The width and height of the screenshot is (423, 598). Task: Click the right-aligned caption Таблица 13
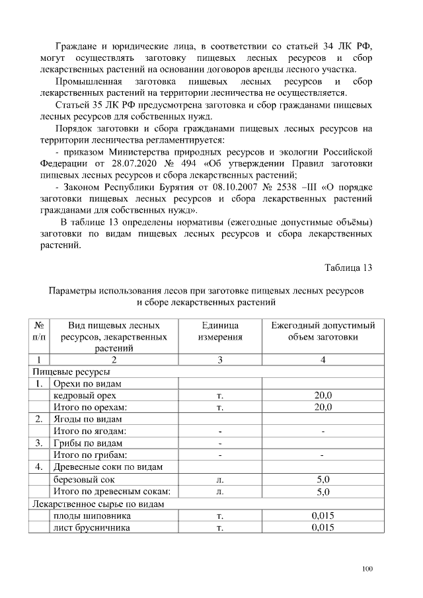[x=349, y=268]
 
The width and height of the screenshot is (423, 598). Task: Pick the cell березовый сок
[x=84, y=479]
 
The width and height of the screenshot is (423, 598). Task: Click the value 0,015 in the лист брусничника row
[x=323, y=527]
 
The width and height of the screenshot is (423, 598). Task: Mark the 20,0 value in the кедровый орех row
[x=323, y=395]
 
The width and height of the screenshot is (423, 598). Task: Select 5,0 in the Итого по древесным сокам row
[x=323, y=492]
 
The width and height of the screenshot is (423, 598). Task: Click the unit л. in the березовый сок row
[x=220, y=479]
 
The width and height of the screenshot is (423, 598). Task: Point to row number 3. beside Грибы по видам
[x=39, y=443]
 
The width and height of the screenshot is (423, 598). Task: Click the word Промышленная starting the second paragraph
[x=91, y=82]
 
